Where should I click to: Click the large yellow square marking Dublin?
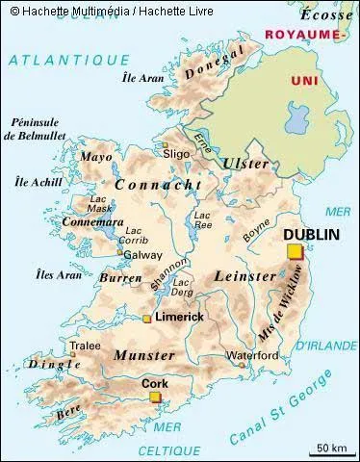294,252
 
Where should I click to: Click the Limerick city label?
180,317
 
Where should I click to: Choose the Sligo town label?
175,153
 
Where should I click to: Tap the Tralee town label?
85,346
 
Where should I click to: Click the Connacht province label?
158,184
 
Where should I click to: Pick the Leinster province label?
248,274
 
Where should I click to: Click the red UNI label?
303,80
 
